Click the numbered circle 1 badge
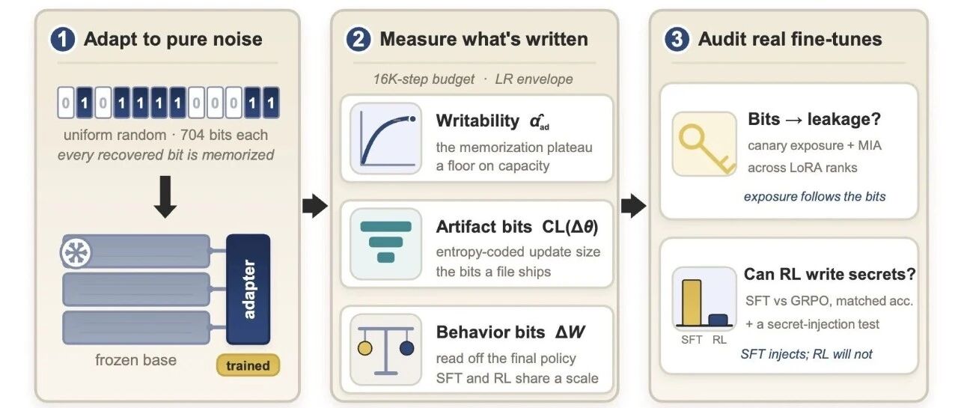(62, 40)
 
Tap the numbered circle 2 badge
(358, 40)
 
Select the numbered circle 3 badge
(677, 40)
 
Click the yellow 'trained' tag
(248, 365)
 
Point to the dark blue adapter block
(248, 290)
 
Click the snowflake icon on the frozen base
(76, 252)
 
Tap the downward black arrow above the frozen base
(165, 197)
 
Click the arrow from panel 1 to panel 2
(315, 206)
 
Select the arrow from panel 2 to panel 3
(634, 206)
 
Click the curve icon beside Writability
(385, 138)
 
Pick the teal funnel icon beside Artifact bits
(385, 243)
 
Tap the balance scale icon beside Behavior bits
(385, 350)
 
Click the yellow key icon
(704, 144)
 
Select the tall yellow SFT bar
(692, 302)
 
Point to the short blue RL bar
(718, 320)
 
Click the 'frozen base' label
(135, 360)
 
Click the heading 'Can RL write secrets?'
(830, 274)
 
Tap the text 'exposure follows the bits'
(815, 196)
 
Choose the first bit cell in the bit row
(66, 103)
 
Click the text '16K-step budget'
(424, 79)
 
